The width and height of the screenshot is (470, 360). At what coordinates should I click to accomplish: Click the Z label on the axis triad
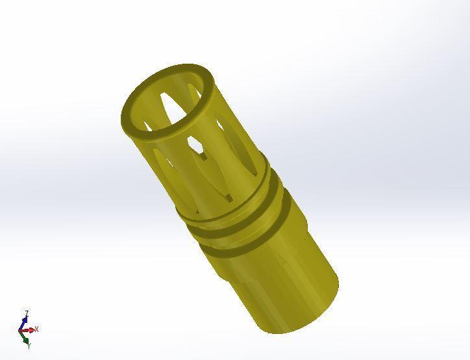pyautogui.click(x=26, y=314)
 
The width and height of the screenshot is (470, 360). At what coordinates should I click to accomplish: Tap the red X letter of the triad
pyautogui.click(x=37, y=329)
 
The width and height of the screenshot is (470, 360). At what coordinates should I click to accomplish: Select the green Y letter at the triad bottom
pyautogui.click(x=29, y=346)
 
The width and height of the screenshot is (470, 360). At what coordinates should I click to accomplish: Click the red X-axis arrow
pyautogui.click(x=30, y=330)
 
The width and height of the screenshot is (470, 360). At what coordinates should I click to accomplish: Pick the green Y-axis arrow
pyautogui.click(x=25, y=338)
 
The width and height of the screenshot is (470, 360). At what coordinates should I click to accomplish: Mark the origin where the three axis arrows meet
pyautogui.click(x=23, y=331)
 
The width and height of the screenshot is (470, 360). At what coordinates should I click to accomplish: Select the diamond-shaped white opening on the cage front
pyautogui.click(x=194, y=143)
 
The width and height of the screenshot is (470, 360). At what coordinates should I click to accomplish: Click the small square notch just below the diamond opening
pyautogui.click(x=204, y=157)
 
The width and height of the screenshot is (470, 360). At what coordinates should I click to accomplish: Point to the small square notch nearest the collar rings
pyautogui.click(x=227, y=197)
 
